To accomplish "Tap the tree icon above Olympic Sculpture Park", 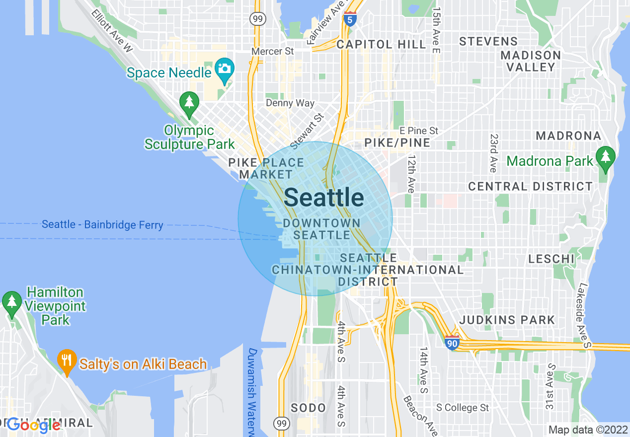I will click(189, 102).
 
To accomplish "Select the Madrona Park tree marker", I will click(605, 157).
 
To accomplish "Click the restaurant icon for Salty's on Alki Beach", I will click(67, 360).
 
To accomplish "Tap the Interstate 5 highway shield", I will click(350, 19).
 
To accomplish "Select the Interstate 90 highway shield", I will click(452, 342).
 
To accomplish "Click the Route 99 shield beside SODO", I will click(282, 423).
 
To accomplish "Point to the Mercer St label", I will click(273, 51).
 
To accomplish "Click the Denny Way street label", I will click(290, 103).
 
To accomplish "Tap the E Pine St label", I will click(419, 131).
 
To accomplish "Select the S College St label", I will click(463, 408).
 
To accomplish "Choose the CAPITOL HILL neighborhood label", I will click(381, 44).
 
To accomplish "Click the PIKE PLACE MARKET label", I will click(266, 168).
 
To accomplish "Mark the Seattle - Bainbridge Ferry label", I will click(102, 225).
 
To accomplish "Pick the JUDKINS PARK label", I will click(507, 320).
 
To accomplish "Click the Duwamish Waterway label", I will click(253, 392).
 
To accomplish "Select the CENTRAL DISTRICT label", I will click(531, 187).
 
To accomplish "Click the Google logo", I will click(33, 425).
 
